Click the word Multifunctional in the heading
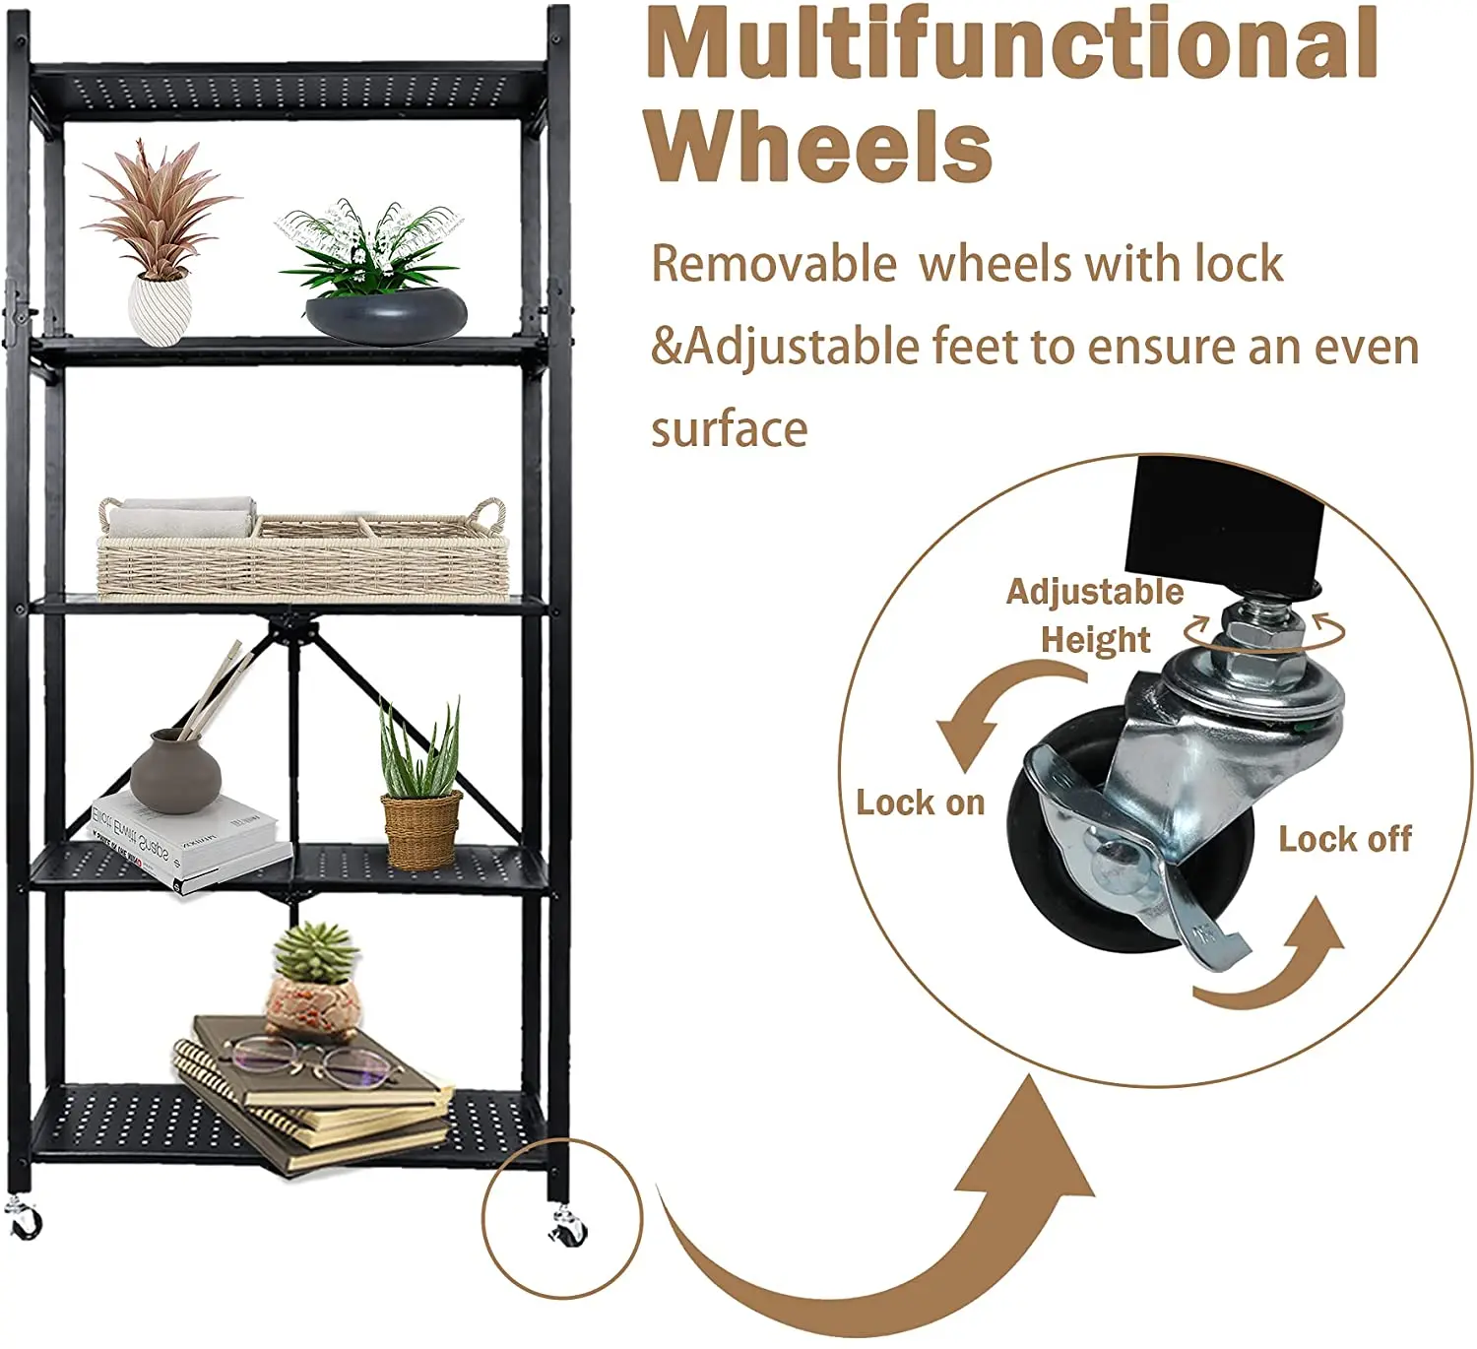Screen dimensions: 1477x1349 coord(1012,44)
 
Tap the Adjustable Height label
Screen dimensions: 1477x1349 coord(1095,615)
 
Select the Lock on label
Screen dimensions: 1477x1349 coord(920,803)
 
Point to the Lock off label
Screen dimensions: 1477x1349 coord(1345,839)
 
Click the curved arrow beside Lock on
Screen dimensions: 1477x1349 coord(995,709)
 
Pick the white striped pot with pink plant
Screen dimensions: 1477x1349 coord(159,308)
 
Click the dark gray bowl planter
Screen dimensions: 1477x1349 coord(386,314)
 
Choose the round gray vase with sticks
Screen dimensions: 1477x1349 coord(176,772)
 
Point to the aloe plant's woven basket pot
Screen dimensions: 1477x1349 coord(421,829)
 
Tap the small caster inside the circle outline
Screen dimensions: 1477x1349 coord(568,1227)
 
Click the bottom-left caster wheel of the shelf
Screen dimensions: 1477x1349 coord(24,1221)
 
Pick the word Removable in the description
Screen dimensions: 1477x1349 coord(774,264)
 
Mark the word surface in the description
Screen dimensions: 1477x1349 coord(729,429)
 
